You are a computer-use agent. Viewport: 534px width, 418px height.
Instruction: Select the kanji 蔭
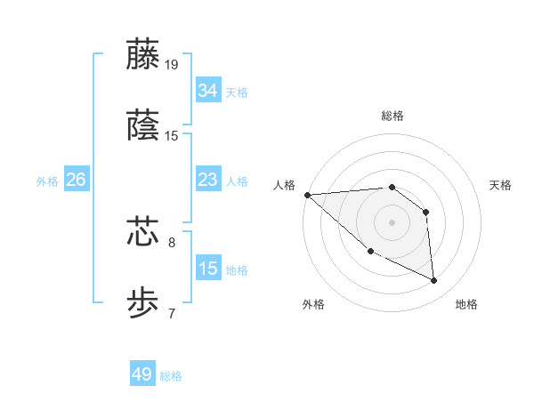pyautogui.click(x=143, y=125)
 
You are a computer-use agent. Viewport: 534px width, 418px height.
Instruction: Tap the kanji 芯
pyautogui.click(x=143, y=230)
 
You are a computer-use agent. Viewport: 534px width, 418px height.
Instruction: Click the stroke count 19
pyautogui.click(x=172, y=64)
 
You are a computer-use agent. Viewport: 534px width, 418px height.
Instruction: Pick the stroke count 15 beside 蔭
pyautogui.click(x=172, y=136)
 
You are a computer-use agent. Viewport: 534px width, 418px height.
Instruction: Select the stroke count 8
pyautogui.click(x=172, y=241)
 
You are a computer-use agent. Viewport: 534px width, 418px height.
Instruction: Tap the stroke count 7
pyautogui.click(x=172, y=313)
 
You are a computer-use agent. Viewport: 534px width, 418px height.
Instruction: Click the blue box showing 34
pyautogui.click(x=208, y=91)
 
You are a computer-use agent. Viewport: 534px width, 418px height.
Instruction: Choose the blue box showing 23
pyautogui.click(x=208, y=180)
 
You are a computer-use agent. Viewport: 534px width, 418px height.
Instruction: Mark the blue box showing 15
pyautogui.click(x=208, y=269)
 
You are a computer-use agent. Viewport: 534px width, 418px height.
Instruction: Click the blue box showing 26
pyautogui.click(x=76, y=180)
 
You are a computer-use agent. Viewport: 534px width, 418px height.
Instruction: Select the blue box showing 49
pyautogui.click(x=142, y=374)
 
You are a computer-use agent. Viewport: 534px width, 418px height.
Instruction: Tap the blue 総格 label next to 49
pyautogui.click(x=171, y=376)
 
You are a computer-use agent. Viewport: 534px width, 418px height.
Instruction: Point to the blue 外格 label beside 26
pyautogui.click(x=47, y=181)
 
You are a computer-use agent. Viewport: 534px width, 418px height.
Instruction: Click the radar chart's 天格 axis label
pyautogui.click(x=501, y=185)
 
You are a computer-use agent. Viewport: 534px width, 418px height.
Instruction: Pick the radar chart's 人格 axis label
pyautogui.click(x=283, y=185)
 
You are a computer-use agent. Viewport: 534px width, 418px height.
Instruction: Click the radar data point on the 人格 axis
pyautogui.click(x=307, y=194)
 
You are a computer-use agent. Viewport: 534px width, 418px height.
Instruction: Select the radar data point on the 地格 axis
pyautogui.click(x=434, y=281)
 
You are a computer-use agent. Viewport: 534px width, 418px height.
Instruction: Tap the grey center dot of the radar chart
pyautogui.click(x=392, y=221)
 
